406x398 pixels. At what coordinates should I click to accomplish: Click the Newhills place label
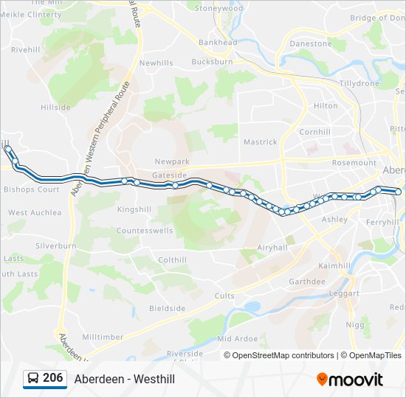pos(156,63)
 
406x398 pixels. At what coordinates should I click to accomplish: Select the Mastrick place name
pos(261,142)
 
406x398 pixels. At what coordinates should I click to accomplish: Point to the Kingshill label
pos(134,209)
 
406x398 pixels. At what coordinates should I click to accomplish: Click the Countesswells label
pos(145,231)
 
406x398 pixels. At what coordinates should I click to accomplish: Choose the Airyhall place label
pos(271,248)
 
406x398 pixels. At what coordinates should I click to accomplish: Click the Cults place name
pos(224,296)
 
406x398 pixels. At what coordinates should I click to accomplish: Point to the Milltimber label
pos(103,337)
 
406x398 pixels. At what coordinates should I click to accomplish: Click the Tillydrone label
pos(359,83)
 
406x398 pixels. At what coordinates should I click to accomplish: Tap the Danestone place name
pos(311,43)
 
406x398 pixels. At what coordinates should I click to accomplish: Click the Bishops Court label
pos(31,189)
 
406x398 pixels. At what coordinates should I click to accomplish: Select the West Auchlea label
pos(35,212)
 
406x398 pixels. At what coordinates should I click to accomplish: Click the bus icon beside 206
pos(33,378)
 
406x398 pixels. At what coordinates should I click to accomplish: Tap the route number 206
pos(52,378)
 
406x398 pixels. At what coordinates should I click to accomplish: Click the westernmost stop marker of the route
pos(8,149)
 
